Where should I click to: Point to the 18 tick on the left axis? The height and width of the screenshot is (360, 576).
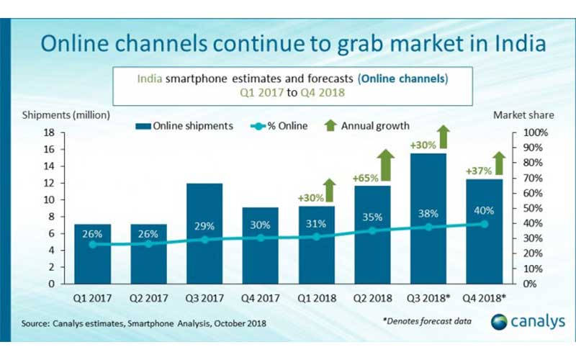pos(50,132)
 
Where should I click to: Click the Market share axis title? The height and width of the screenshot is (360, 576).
pos(518,114)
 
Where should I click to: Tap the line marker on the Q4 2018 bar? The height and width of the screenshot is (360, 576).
pos(484,223)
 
